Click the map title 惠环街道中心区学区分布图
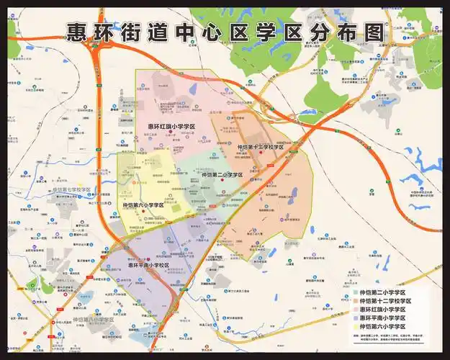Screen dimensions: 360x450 225,32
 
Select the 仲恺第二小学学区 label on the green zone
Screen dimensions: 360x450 222,175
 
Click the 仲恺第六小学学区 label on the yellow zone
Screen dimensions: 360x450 143,205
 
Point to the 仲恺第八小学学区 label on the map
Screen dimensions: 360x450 94,319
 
